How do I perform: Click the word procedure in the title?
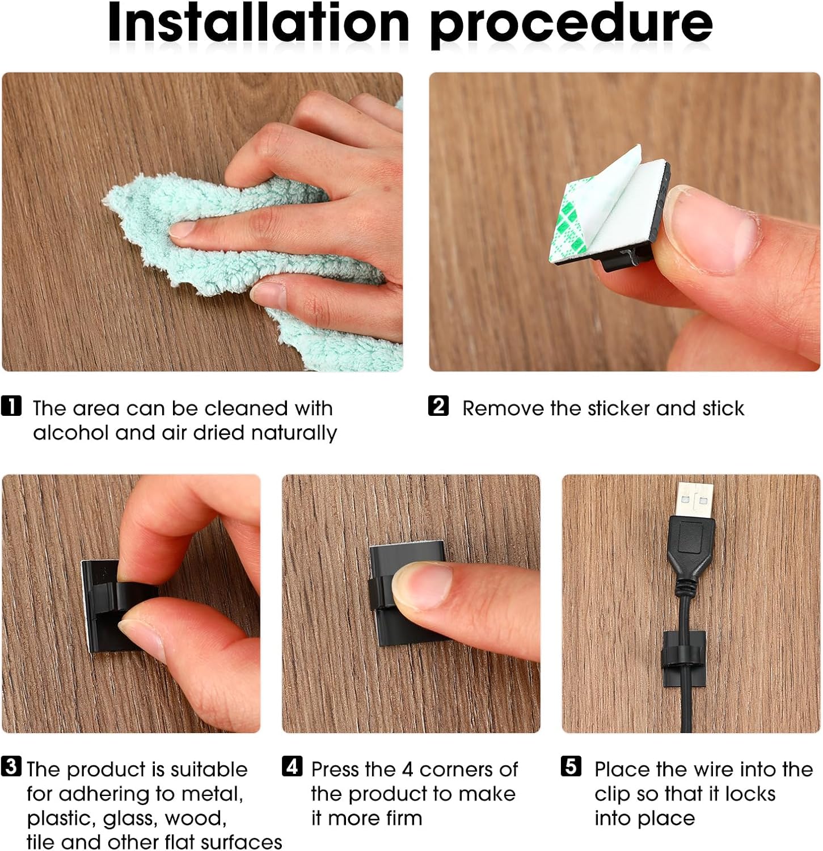coord(571,26)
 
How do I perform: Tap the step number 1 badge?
coord(11,406)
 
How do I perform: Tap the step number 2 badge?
coord(438,406)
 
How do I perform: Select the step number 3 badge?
coord(11,766)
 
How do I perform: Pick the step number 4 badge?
coord(292,766)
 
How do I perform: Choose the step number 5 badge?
coord(571,766)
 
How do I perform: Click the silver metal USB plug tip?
coord(695,499)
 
